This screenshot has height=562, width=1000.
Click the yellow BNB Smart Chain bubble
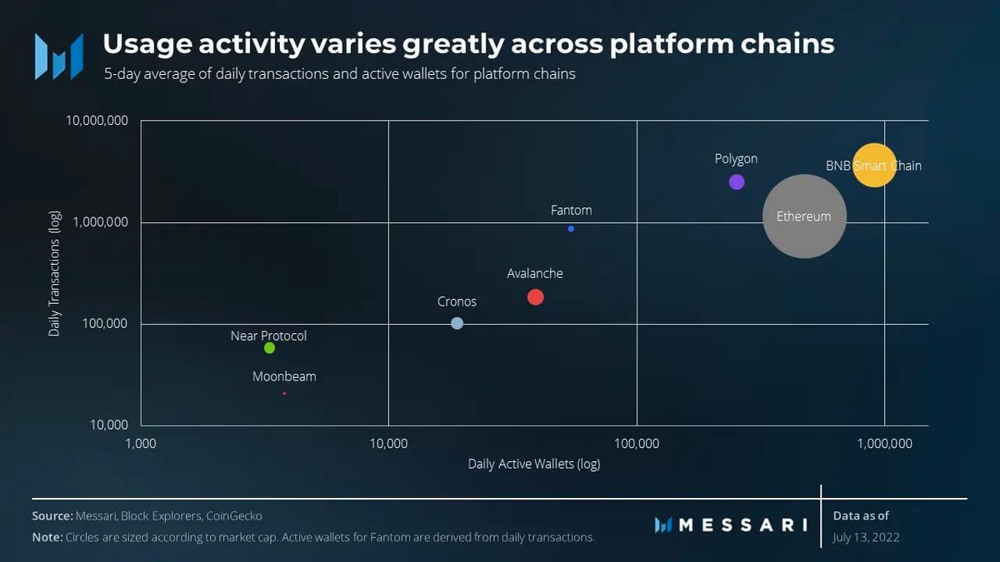coord(873,165)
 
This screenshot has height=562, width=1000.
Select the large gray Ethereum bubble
coord(804,216)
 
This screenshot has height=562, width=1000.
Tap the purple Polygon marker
coord(737,182)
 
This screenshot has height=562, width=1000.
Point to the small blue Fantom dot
coord(571,229)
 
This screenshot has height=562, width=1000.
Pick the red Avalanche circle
coord(536,297)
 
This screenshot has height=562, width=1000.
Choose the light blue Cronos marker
coord(457,323)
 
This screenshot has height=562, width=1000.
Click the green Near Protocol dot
coord(269,348)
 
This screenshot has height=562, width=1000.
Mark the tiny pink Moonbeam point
coord(284,393)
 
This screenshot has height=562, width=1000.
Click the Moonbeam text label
coord(284,376)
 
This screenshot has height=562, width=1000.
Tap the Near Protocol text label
coord(268,336)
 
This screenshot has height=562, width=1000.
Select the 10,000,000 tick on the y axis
coord(97,121)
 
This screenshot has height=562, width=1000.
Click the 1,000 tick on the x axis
coord(141,444)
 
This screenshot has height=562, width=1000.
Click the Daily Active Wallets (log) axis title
coord(533,464)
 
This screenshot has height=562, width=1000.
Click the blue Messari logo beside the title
coord(58,57)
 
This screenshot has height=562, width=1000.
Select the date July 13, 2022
coord(866,537)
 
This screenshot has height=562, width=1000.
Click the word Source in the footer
coord(52,516)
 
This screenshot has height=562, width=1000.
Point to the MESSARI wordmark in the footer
coord(732,525)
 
